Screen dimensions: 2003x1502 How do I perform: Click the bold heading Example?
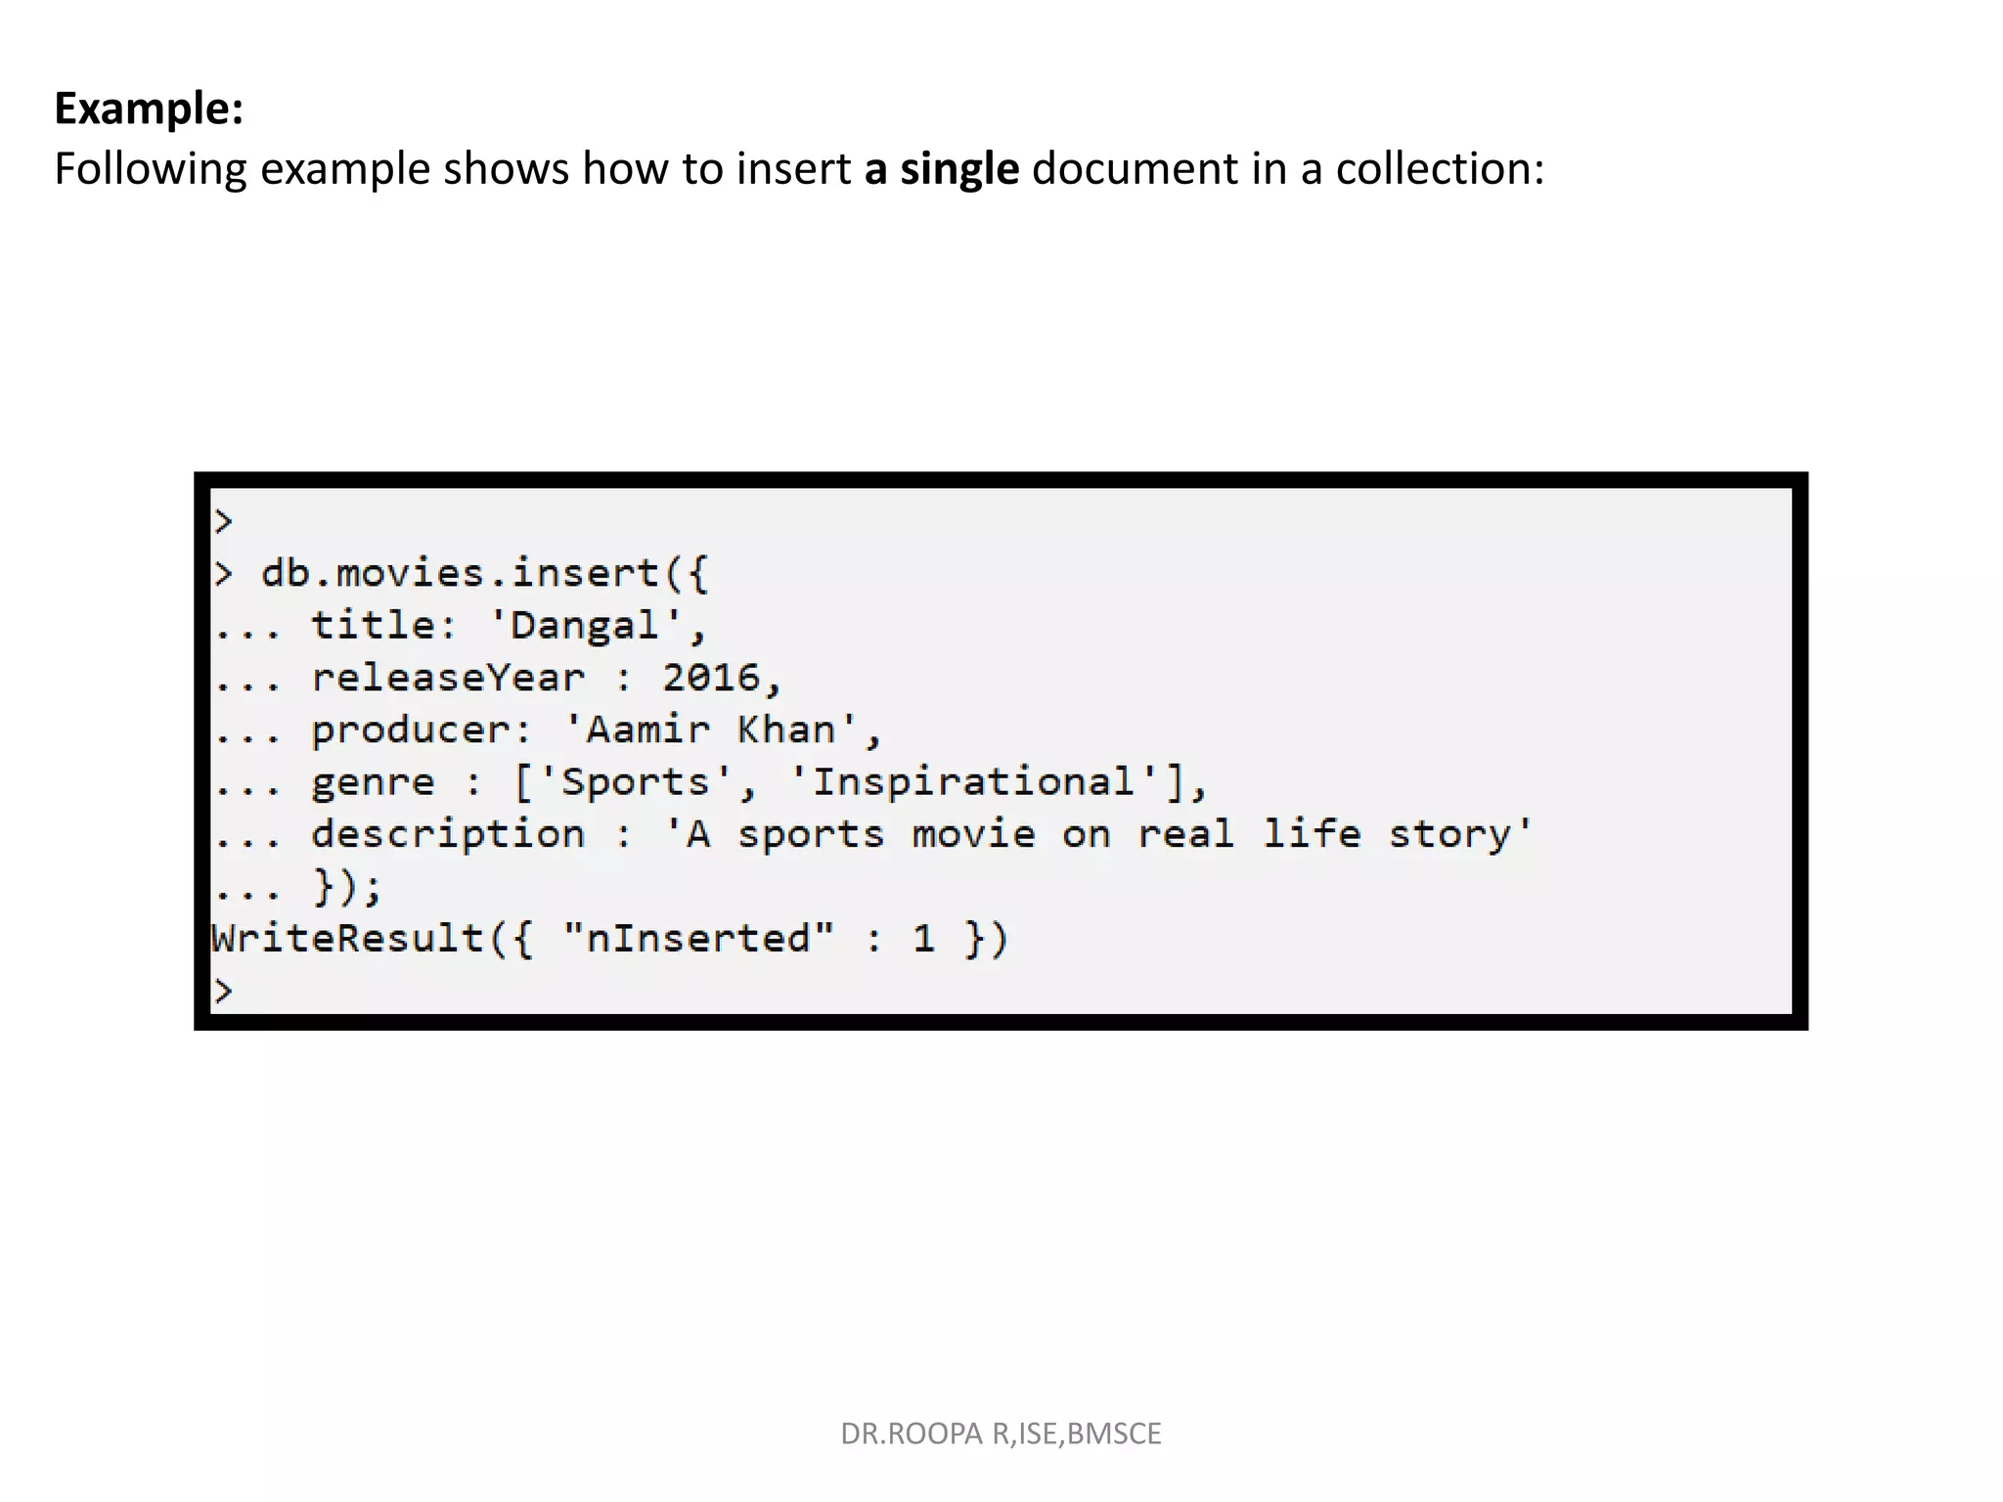(x=149, y=108)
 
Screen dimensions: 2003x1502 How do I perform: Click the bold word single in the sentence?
(x=958, y=168)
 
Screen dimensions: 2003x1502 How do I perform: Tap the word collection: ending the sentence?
(x=1440, y=168)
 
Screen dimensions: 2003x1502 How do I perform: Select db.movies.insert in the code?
(x=460, y=573)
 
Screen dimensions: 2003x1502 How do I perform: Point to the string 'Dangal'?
(x=585, y=626)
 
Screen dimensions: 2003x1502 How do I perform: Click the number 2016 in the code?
(x=711, y=678)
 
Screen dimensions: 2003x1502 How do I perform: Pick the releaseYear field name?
(x=448, y=678)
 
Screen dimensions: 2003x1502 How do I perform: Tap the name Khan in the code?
(x=785, y=730)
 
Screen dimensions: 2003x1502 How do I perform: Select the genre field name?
(x=373, y=782)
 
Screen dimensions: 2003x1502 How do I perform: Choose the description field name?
(x=448, y=834)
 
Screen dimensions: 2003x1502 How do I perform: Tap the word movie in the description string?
(x=973, y=834)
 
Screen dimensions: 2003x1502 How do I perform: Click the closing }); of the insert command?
(x=347, y=887)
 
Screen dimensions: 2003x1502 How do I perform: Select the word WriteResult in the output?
(x=348, y=939)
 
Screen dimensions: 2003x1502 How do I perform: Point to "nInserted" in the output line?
(x=698, y=939)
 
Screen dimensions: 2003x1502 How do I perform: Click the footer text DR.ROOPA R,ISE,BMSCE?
(x=1001, y=1434)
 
